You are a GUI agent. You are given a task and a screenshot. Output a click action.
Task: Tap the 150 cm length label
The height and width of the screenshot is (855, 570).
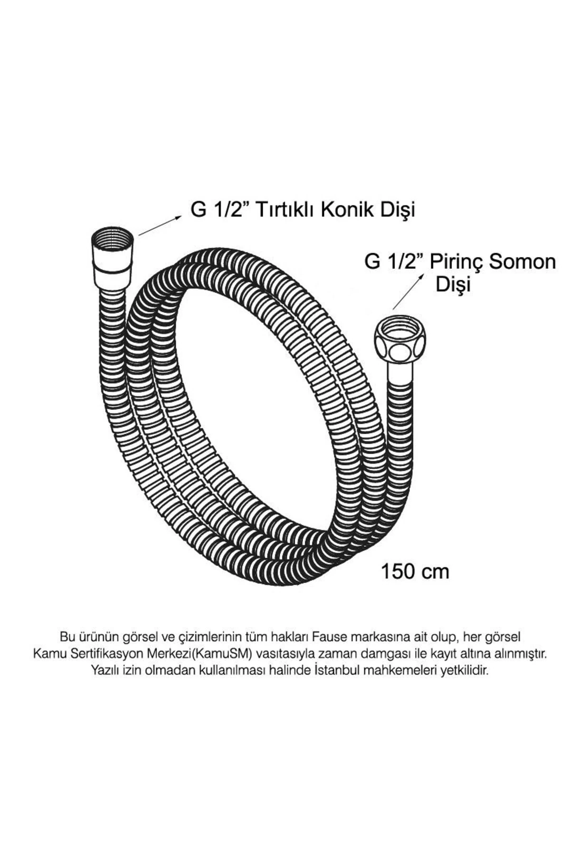[415, 571]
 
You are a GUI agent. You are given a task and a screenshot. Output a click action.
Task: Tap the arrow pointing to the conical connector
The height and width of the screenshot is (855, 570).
[160, 226]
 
